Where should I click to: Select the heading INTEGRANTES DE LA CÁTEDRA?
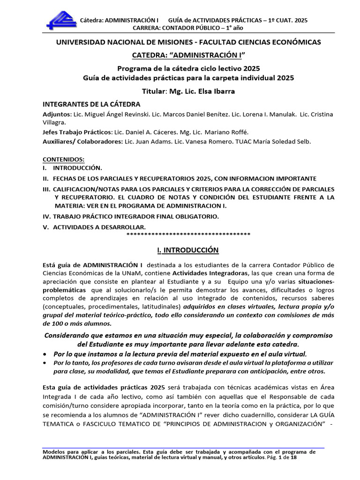click(91, 104)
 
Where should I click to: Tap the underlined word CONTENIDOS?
click(63, 159)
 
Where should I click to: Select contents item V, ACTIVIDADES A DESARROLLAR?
click(89, 227)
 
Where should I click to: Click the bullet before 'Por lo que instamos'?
click(45, 353)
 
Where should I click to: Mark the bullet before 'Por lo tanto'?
click(45, 363)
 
